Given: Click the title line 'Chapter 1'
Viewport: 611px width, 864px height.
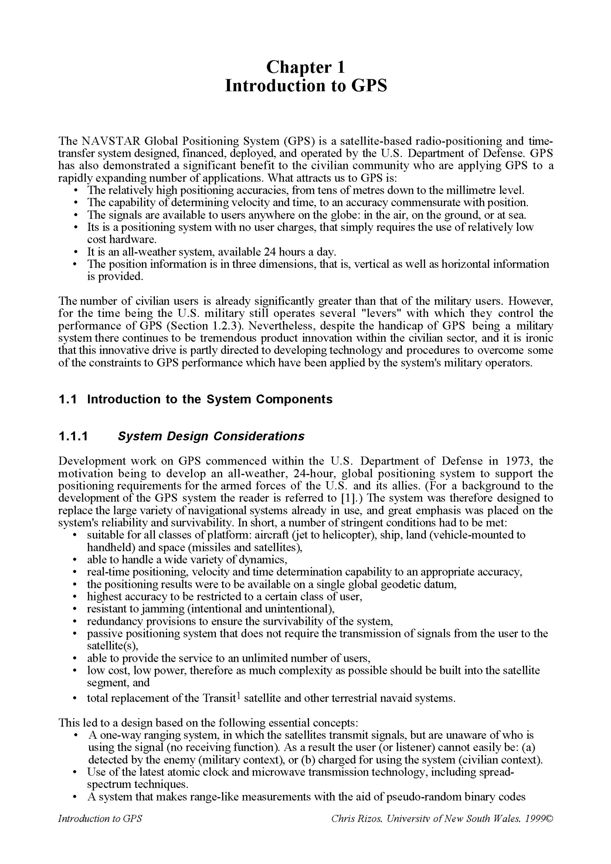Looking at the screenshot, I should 305,67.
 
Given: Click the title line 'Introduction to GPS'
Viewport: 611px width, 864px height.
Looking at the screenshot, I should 305,86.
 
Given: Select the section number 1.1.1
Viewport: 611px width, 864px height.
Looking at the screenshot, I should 73,436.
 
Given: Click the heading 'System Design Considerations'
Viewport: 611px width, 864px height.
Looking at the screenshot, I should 211,436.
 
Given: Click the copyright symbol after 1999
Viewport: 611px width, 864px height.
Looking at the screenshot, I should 549,819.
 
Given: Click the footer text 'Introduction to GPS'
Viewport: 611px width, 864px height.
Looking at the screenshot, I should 100,819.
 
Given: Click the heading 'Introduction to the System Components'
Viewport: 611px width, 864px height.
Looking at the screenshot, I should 210,399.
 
